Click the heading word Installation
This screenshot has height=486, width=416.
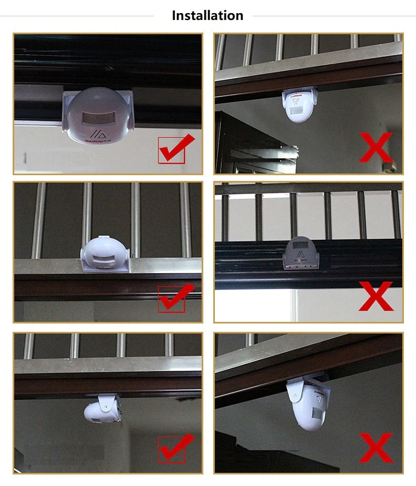pos(207,16)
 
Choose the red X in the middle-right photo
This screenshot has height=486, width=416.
pos(376,296)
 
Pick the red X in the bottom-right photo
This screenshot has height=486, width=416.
pos(376,447)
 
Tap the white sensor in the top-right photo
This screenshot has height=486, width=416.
pos(301,105)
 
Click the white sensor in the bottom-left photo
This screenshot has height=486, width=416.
pos(103,410)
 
